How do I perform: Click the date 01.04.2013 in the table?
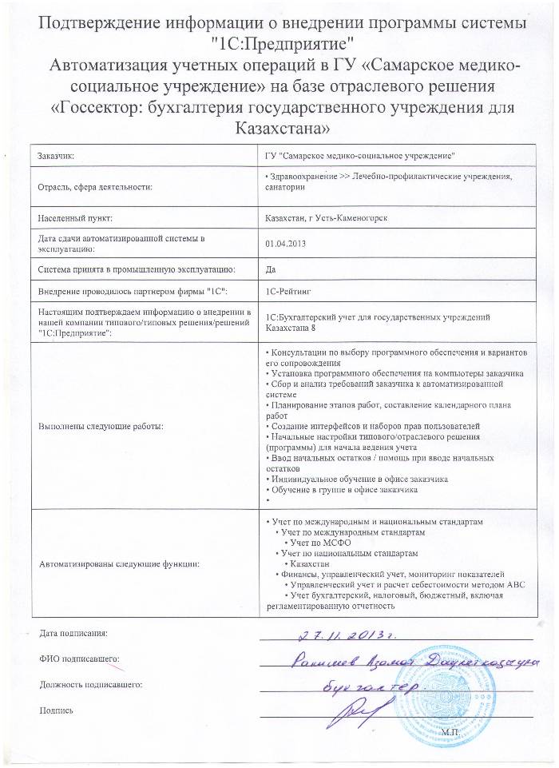tap(285, 243)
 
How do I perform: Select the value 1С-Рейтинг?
tap(288, 292)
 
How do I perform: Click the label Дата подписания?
tap(73, 634)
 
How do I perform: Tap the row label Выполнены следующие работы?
tap(101, 426)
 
